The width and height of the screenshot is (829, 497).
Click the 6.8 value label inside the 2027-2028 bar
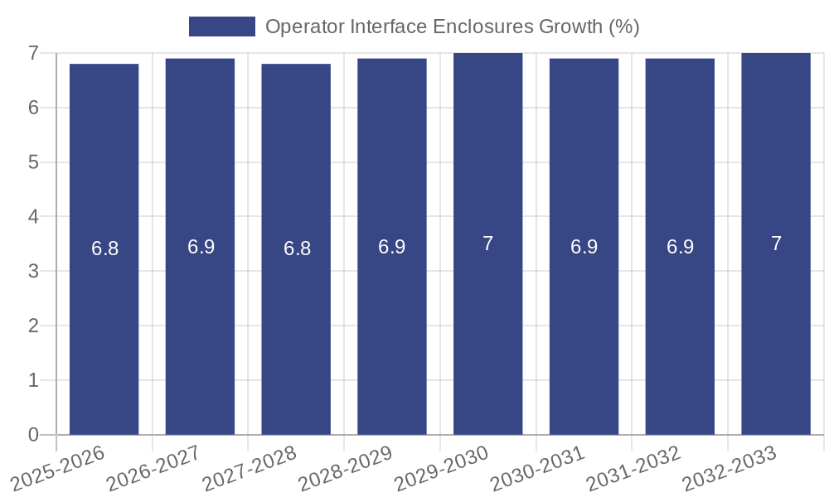coord(297,248)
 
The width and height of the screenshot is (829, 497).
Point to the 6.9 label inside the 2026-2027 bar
coord(201,247)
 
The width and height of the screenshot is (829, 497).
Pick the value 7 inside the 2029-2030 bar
coord(487,244)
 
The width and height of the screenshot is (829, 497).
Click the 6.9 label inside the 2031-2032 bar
coord(680,247)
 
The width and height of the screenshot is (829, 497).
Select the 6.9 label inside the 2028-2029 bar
coord(392,247)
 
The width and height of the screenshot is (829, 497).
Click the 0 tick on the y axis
coord(33,435)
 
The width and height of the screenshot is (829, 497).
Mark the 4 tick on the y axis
coord(33,216)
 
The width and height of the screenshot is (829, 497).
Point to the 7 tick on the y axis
coord(33,53)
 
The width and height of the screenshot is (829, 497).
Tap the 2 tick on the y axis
coord(33,326)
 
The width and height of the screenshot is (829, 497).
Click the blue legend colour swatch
coord(221,27)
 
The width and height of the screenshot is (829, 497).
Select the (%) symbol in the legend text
coord(623,27)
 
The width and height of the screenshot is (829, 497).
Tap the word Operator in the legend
coord(300,27)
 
